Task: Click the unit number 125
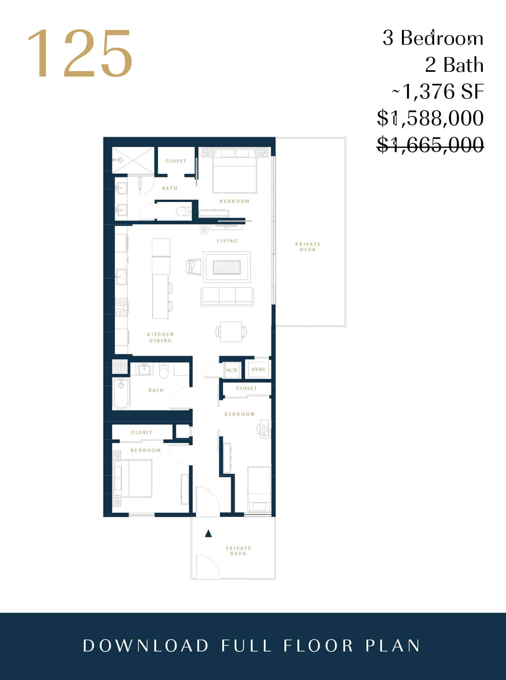point(80,53)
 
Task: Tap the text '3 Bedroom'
point(433,38)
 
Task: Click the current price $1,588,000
point(430,118)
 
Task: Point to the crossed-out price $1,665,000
point(430,145)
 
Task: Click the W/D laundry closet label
point(232,370)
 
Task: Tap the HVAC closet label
point(258,369)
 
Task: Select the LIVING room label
point(227,241)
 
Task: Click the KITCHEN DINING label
point(160,337)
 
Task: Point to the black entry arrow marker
point(208,533)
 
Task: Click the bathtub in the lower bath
point(121,394)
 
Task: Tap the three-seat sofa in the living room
point(227,296)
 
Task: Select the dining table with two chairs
point(231,332)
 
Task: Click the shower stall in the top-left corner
point(133,160)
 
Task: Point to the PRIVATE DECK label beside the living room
point(308,247)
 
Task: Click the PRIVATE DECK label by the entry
point(239,551)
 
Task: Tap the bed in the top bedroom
point(235,170)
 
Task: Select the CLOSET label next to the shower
point(176,161)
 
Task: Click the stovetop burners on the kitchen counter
point(121,307)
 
